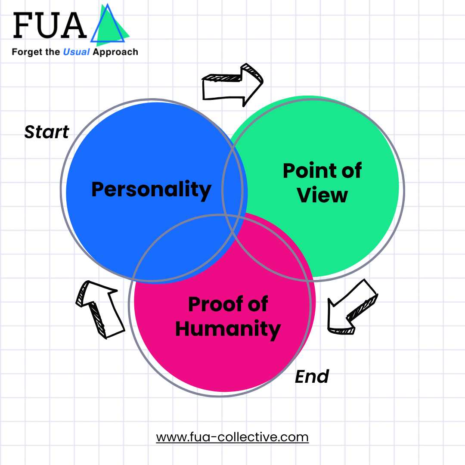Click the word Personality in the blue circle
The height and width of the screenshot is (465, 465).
click(151, 189)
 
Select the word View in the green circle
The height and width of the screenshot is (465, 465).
click(322, 195)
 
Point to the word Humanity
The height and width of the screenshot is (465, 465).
click(228, 329)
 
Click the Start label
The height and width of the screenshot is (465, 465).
click(46, 132)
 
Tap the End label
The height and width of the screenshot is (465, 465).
click(312, 377)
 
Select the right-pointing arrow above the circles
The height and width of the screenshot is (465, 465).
click(232, 84)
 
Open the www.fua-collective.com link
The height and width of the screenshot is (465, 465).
click(232, 437)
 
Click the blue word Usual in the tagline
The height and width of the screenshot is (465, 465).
click(77, 52)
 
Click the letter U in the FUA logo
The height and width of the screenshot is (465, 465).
click(50, 25)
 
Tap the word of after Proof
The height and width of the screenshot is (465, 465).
click(257, 305)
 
